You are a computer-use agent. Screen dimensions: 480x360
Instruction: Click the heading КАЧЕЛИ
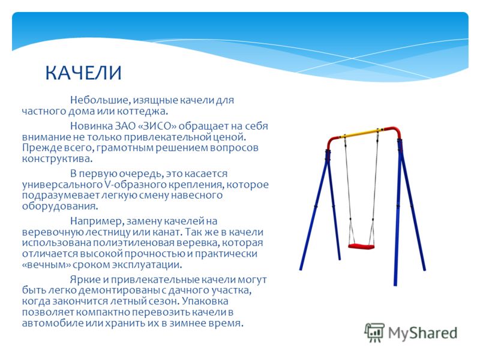point(83,73)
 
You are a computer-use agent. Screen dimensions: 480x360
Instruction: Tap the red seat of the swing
point(361,246)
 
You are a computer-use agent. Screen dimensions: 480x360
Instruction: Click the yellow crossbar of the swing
point(364,133)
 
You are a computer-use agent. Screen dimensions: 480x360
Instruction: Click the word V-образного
point(132,185)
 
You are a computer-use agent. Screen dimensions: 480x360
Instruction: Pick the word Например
point(97,221)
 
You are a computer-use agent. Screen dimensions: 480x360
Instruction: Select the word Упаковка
point(205,301)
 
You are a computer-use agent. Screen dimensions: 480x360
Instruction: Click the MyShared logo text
point(422,333)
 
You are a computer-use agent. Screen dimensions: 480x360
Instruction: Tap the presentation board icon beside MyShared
point(374,332)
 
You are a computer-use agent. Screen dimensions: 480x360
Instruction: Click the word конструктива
point(57,158)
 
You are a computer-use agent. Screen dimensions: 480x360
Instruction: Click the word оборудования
point(60,206)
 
